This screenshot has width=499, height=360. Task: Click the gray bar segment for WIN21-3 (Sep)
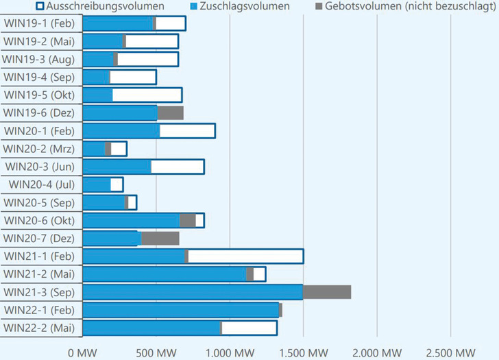(327, 292)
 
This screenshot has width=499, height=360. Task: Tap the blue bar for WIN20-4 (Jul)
(97, 184)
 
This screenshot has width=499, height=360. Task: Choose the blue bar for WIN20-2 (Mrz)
(94, 149)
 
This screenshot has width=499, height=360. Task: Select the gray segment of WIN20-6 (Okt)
(188, 220)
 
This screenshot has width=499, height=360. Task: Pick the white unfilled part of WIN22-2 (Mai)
(249, 328)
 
